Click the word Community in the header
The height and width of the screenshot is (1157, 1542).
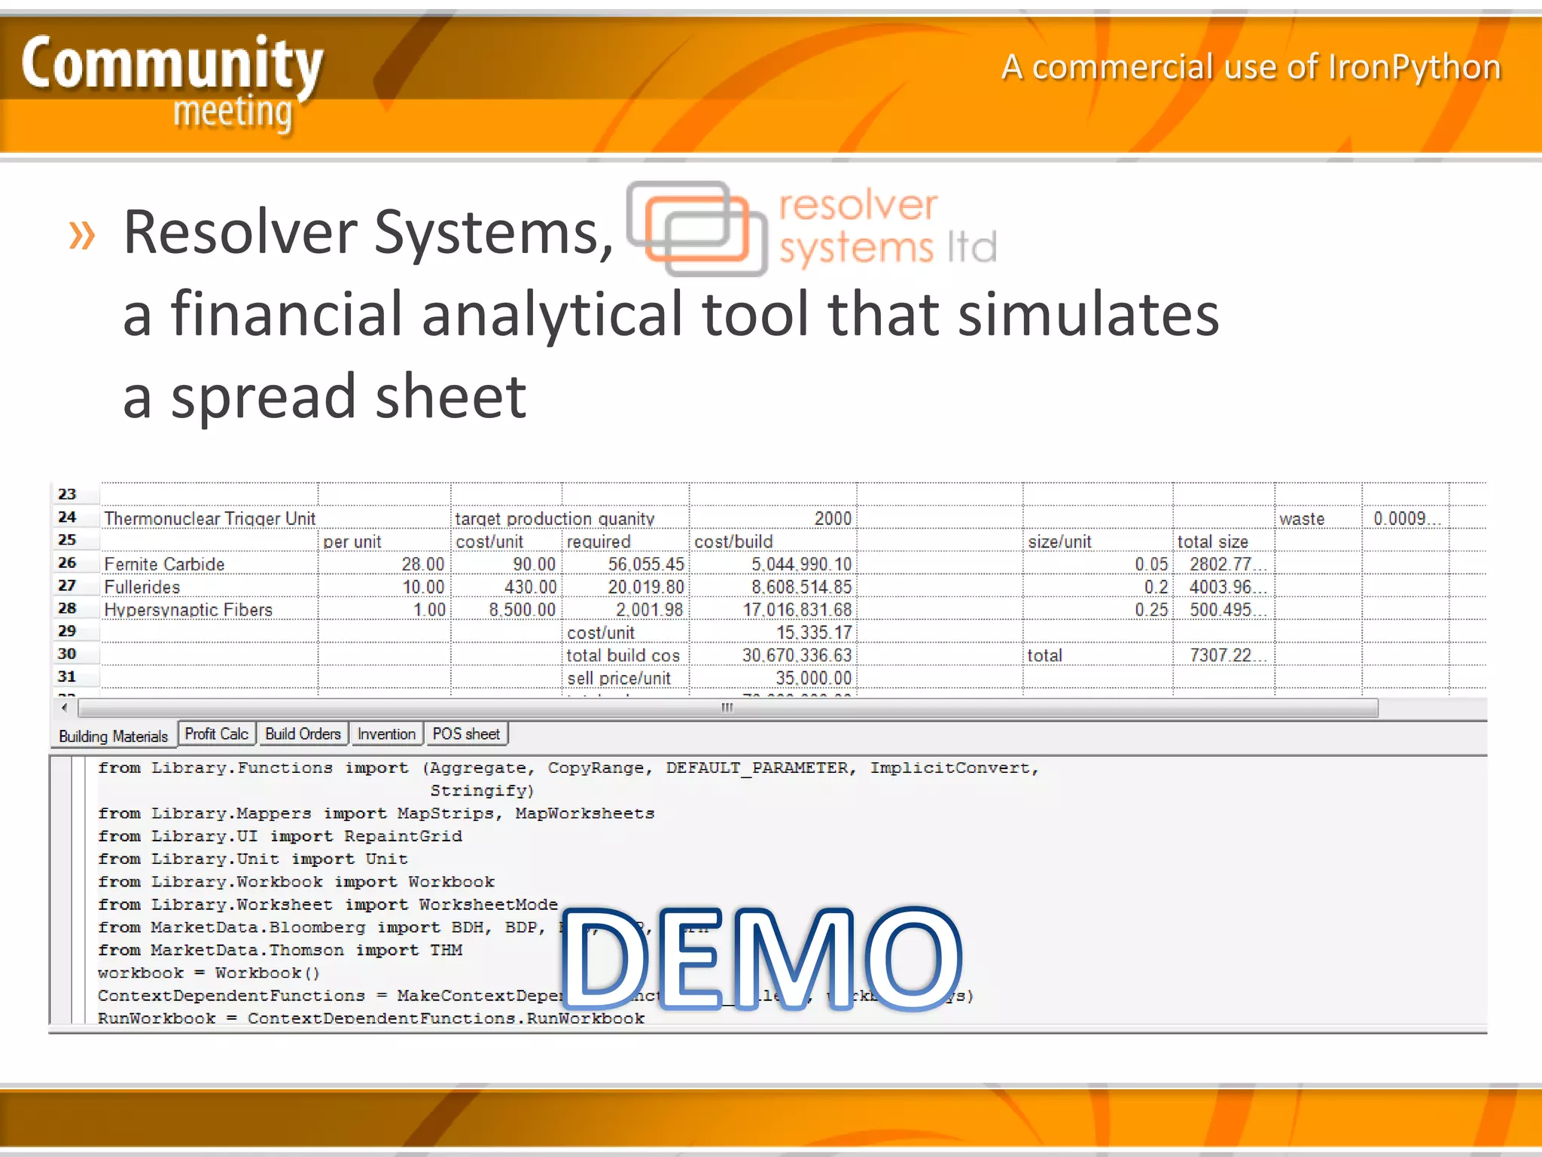172,64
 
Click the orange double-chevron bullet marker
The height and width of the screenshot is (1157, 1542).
82,235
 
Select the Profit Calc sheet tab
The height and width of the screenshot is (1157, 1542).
216,734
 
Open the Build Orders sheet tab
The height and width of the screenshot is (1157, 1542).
303,734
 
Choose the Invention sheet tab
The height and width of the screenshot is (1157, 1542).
386,734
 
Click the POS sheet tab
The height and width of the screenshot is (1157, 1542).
465,734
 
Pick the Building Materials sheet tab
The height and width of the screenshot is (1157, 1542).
113,736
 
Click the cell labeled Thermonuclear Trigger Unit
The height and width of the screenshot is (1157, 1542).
209,518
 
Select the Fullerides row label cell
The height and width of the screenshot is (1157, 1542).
142,587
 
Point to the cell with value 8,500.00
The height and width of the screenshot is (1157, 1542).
522,609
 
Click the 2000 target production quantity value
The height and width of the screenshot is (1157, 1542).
833,518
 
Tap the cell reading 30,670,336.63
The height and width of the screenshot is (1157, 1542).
797,655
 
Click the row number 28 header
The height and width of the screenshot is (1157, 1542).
67,608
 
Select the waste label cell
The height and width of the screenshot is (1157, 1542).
1301,518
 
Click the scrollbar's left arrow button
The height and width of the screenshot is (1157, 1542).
65,707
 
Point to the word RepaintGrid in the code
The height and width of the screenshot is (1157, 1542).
403,836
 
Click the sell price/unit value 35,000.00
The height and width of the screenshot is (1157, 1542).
813,678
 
